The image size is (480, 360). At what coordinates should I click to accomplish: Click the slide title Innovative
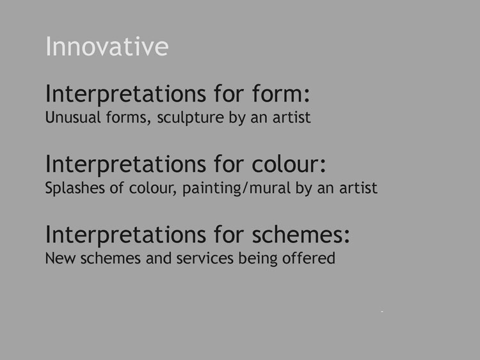107,46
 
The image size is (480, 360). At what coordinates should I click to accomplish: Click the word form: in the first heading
282,93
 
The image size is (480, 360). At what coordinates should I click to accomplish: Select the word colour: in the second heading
289,164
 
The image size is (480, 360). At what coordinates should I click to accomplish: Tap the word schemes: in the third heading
301,234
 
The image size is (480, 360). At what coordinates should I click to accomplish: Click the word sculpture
191,118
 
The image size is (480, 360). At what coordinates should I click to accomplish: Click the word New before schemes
60,258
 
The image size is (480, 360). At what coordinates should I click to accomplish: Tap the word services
205,258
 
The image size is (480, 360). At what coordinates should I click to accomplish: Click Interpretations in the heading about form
125,94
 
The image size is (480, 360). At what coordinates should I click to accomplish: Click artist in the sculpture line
291,118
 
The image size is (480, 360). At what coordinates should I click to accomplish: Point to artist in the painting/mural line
358,188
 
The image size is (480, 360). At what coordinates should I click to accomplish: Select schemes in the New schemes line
111,258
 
